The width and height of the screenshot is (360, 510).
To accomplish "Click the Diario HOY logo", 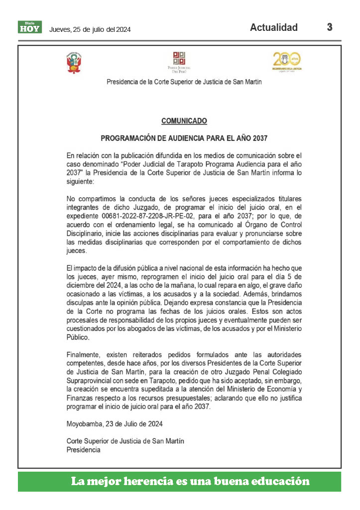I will pos(30,27).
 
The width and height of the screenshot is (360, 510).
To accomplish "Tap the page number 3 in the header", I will pos(330,27).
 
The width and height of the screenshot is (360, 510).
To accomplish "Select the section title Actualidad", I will pos(273,27).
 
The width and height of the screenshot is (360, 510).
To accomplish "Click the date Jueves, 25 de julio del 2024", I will pos(90,29).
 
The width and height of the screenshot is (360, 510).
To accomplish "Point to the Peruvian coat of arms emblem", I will pos(74,63).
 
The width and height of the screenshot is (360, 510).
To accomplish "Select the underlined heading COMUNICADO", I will pos(184,121).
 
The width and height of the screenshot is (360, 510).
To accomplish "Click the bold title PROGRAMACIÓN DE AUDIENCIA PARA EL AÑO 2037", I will pos(184,137).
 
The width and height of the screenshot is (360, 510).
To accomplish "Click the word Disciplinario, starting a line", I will pos(85,234).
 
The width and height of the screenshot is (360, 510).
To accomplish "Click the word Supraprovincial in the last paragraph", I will pos(91,381).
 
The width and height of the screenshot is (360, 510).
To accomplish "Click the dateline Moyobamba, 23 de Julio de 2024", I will pos(115,424).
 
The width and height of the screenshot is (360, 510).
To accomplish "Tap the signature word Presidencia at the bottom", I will pos(83,450).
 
